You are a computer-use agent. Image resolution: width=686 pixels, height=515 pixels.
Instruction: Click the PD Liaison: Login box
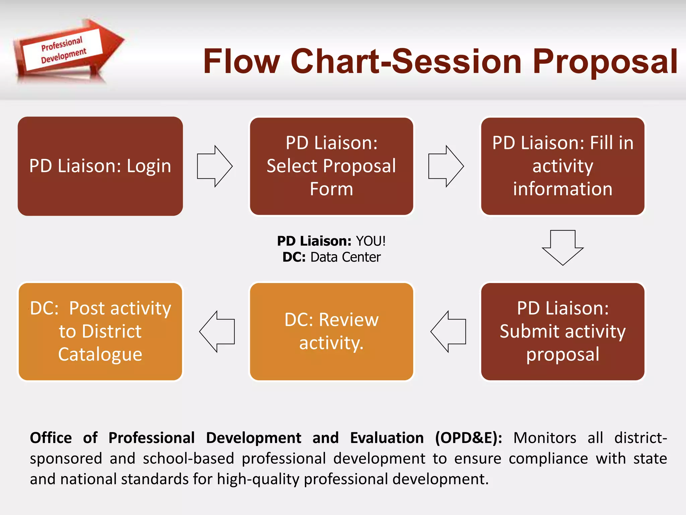pyautogui.click(x=100, y=166)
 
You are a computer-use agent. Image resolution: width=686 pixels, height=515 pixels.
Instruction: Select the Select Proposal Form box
pyautogui.click(x=331, y=166)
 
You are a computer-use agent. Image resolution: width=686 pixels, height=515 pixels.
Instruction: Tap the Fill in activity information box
pyautogui.click(x=562, y=166)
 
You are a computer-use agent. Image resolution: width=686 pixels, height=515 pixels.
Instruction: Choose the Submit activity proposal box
pyautogui.click(x=562, y=331)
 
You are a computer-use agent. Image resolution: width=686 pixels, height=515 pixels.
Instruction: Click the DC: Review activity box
pyautogui.click(x=331, y=331)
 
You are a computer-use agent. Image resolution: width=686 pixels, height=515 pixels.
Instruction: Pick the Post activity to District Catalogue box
pyautogui.click(x=100, y=331)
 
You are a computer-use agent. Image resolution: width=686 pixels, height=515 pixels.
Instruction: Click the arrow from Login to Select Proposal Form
pyautogui.click(x=215, y=166)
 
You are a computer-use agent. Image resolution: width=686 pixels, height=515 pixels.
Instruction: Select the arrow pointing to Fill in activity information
pyautogui.click(x=446, y=166)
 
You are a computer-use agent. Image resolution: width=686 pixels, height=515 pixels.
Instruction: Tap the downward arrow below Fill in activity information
pyautogui.click(x=562, y=247)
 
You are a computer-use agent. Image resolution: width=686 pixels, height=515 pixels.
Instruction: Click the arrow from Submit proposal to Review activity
pyautogui.click(x=448, y=331)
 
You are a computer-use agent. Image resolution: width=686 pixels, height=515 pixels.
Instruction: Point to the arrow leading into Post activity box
pyautogui.click(x=217, y=331)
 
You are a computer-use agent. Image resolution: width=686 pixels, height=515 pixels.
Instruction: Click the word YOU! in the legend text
pyautogui.click(x=370, y=241)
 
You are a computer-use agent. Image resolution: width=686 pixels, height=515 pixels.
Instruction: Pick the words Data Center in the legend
pyautogui.click(x=345, y=257)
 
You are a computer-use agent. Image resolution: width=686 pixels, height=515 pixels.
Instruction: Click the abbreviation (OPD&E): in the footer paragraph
pyautogui.click(x=468, y=438)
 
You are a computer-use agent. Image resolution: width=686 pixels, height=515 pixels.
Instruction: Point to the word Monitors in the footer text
pyautogui.click(x=545, y=438)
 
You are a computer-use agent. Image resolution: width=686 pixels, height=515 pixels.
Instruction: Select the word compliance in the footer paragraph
pyautogui.click(x=548, y=458)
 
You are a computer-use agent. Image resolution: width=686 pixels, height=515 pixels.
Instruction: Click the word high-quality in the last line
pyautogui.click(x=258, y=479)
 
